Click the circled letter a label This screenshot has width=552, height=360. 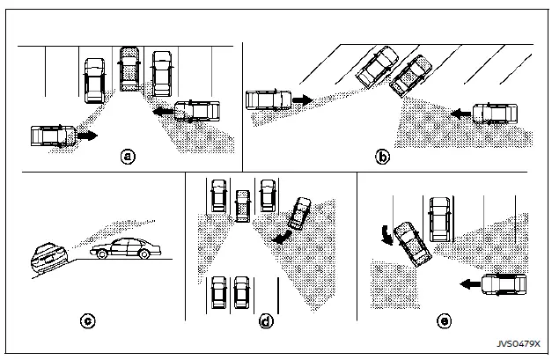(129, 157)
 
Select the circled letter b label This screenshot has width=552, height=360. (382, 157)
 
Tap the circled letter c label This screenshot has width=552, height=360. (87, 320)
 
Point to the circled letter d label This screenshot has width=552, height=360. (265, 321)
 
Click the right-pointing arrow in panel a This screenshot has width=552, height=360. (85, 137)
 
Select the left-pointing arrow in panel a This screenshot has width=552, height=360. (161, 112)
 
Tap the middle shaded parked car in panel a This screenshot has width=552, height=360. (129, 69)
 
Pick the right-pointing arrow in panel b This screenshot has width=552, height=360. (301, 100)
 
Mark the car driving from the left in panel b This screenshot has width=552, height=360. (269, 99)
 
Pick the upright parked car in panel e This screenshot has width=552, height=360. (440, 219)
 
